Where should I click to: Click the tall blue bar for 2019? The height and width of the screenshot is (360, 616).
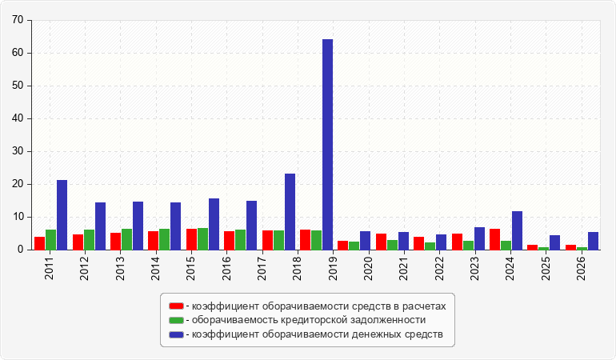click(x=328, y=144)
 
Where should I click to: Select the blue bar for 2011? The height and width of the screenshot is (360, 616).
click(x=62, y=215)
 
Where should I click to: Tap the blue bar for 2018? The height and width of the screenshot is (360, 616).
click(x=290, y=212)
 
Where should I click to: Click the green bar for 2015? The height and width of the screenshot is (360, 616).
click(x=202, y=239)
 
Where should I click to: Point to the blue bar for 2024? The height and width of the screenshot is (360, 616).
click(x=517, y=230)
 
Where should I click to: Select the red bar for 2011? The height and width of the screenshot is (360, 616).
click(x=40, y=243)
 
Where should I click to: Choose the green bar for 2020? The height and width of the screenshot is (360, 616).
click(x=354, y=246)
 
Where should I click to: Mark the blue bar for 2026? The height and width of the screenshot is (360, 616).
click(x=594, y=241)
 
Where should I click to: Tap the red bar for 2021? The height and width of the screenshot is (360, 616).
click(x=381, y=242)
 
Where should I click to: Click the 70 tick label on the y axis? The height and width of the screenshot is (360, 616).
click(x=18, y=20)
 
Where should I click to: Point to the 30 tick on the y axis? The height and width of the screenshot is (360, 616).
click(x=18, y=151)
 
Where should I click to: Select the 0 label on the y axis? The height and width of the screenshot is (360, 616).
click(x=21, y=250)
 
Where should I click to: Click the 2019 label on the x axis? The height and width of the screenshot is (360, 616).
click(x=333, y=269)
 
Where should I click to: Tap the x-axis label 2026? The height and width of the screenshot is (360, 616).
click(x=581, y=269)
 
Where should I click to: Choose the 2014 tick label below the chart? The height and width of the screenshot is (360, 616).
click(x=155, y=269)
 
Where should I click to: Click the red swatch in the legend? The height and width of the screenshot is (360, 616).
click(x=176, y=306)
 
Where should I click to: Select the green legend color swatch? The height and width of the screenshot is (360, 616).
click(x=176, y=320)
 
